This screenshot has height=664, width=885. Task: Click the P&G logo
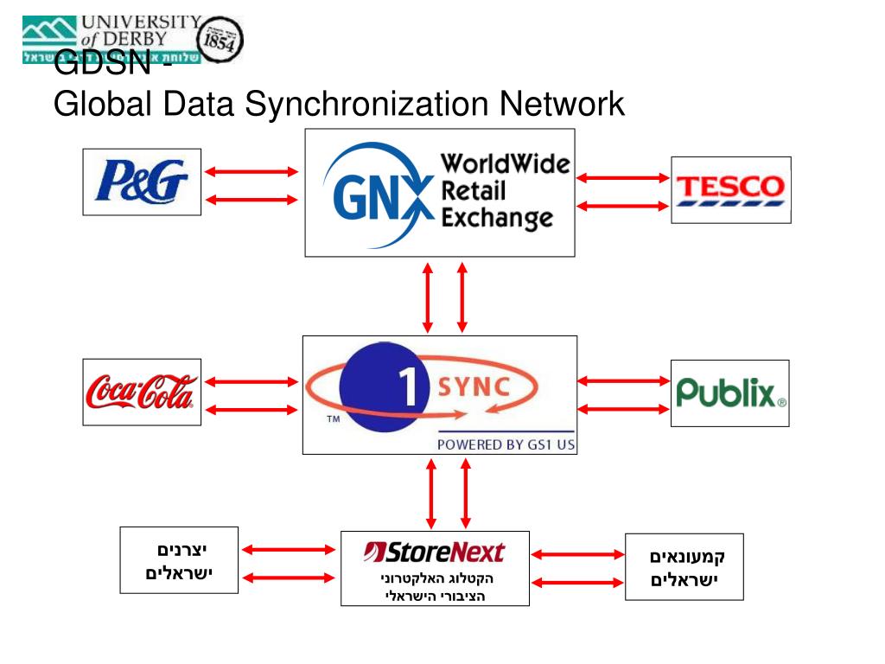142,182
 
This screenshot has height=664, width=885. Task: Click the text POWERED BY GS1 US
506,444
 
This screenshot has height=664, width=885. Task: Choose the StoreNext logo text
434,552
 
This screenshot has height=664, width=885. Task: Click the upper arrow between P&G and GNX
251,171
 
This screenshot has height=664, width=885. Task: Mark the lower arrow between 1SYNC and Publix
623,407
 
